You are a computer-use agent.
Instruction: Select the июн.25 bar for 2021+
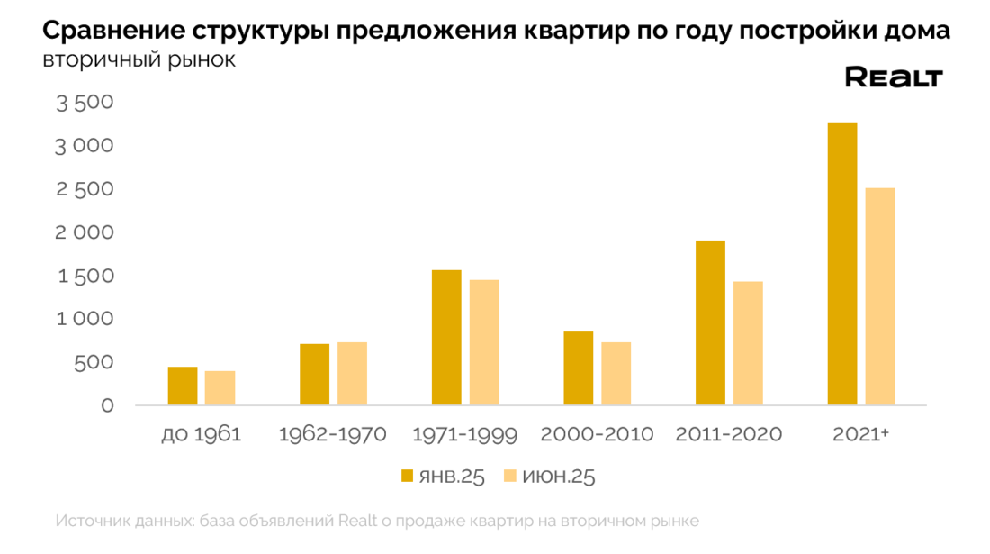tap(879, 297)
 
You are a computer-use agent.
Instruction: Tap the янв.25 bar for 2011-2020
tap(710, 323)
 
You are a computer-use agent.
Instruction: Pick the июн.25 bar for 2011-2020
tap(748, 344)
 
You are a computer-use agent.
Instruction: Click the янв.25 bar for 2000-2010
tap(579, 369)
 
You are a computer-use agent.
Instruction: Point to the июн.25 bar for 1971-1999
tap(483, 343)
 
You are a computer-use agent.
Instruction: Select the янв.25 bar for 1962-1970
tap(314, 375)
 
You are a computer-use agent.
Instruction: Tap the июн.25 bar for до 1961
tap(220, 388)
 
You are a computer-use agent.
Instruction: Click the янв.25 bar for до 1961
tap(183, 386)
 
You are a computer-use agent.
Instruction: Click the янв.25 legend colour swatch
tap(407, 476)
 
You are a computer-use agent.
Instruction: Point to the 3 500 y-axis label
tap(85, 103)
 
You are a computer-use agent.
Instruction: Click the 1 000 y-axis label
tap(85, 319)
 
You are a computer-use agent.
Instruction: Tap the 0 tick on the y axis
tap(107, 405)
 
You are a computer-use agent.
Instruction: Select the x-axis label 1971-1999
tap(464, 434)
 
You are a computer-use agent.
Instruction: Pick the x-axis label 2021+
tap(860, 434)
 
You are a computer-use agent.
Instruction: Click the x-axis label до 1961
tap(202, 434)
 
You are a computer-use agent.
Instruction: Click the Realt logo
tap(893, 77)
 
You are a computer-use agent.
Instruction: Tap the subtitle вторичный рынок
tap(139, 61)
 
